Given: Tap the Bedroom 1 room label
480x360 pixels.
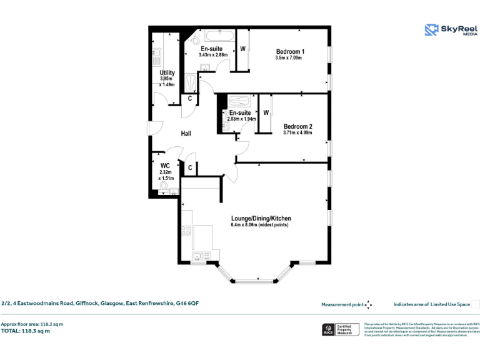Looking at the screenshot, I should click(x=290, y=51).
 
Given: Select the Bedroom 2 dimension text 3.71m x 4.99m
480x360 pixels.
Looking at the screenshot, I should click(x=297, y=132).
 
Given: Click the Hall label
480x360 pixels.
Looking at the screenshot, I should click(x=186, y=134).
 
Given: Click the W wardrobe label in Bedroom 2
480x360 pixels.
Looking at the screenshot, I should click(x=266, y=112).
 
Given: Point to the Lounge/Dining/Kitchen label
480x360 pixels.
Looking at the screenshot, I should click(x=261, y=218).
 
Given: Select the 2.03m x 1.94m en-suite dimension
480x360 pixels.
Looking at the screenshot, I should click(x=241, y=119).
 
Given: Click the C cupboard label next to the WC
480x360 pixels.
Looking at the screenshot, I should click(x=189, y=167).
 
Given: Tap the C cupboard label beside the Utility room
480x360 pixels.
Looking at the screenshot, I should click(x=189, y=98).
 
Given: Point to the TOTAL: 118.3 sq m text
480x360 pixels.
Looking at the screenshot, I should click(x=26, y=331).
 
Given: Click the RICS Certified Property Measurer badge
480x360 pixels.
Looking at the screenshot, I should click(x=341, y=331).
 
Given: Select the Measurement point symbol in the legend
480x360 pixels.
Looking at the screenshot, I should click(x=368, y=304).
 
